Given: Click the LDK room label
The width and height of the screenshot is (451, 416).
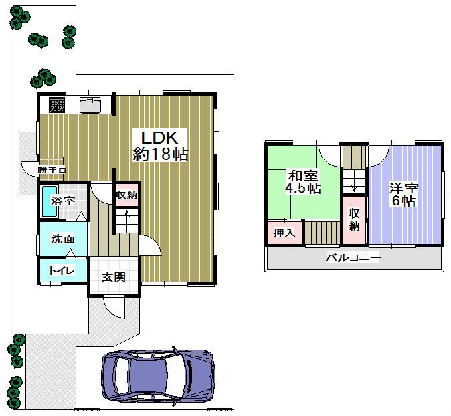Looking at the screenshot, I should click(159, 137).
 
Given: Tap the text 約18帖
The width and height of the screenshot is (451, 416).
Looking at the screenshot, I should click(160, 154).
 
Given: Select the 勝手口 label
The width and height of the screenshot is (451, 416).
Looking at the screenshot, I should click(52, 171).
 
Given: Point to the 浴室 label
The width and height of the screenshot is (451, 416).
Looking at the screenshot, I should click(64, 200).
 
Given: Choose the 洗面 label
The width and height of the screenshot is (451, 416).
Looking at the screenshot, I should click(62, 239).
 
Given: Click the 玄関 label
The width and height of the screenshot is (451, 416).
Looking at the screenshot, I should click(114, 277).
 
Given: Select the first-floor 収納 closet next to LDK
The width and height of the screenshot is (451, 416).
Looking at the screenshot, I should click(126, 195).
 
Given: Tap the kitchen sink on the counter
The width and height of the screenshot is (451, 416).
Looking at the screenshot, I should click(90, 104).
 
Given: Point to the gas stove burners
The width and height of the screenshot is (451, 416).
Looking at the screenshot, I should click(56, 104).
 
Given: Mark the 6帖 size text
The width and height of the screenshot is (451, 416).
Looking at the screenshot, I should click(404, 201).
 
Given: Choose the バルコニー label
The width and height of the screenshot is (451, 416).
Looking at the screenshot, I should click(353, 258).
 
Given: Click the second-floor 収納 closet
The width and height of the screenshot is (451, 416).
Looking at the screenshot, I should click(355, 218).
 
